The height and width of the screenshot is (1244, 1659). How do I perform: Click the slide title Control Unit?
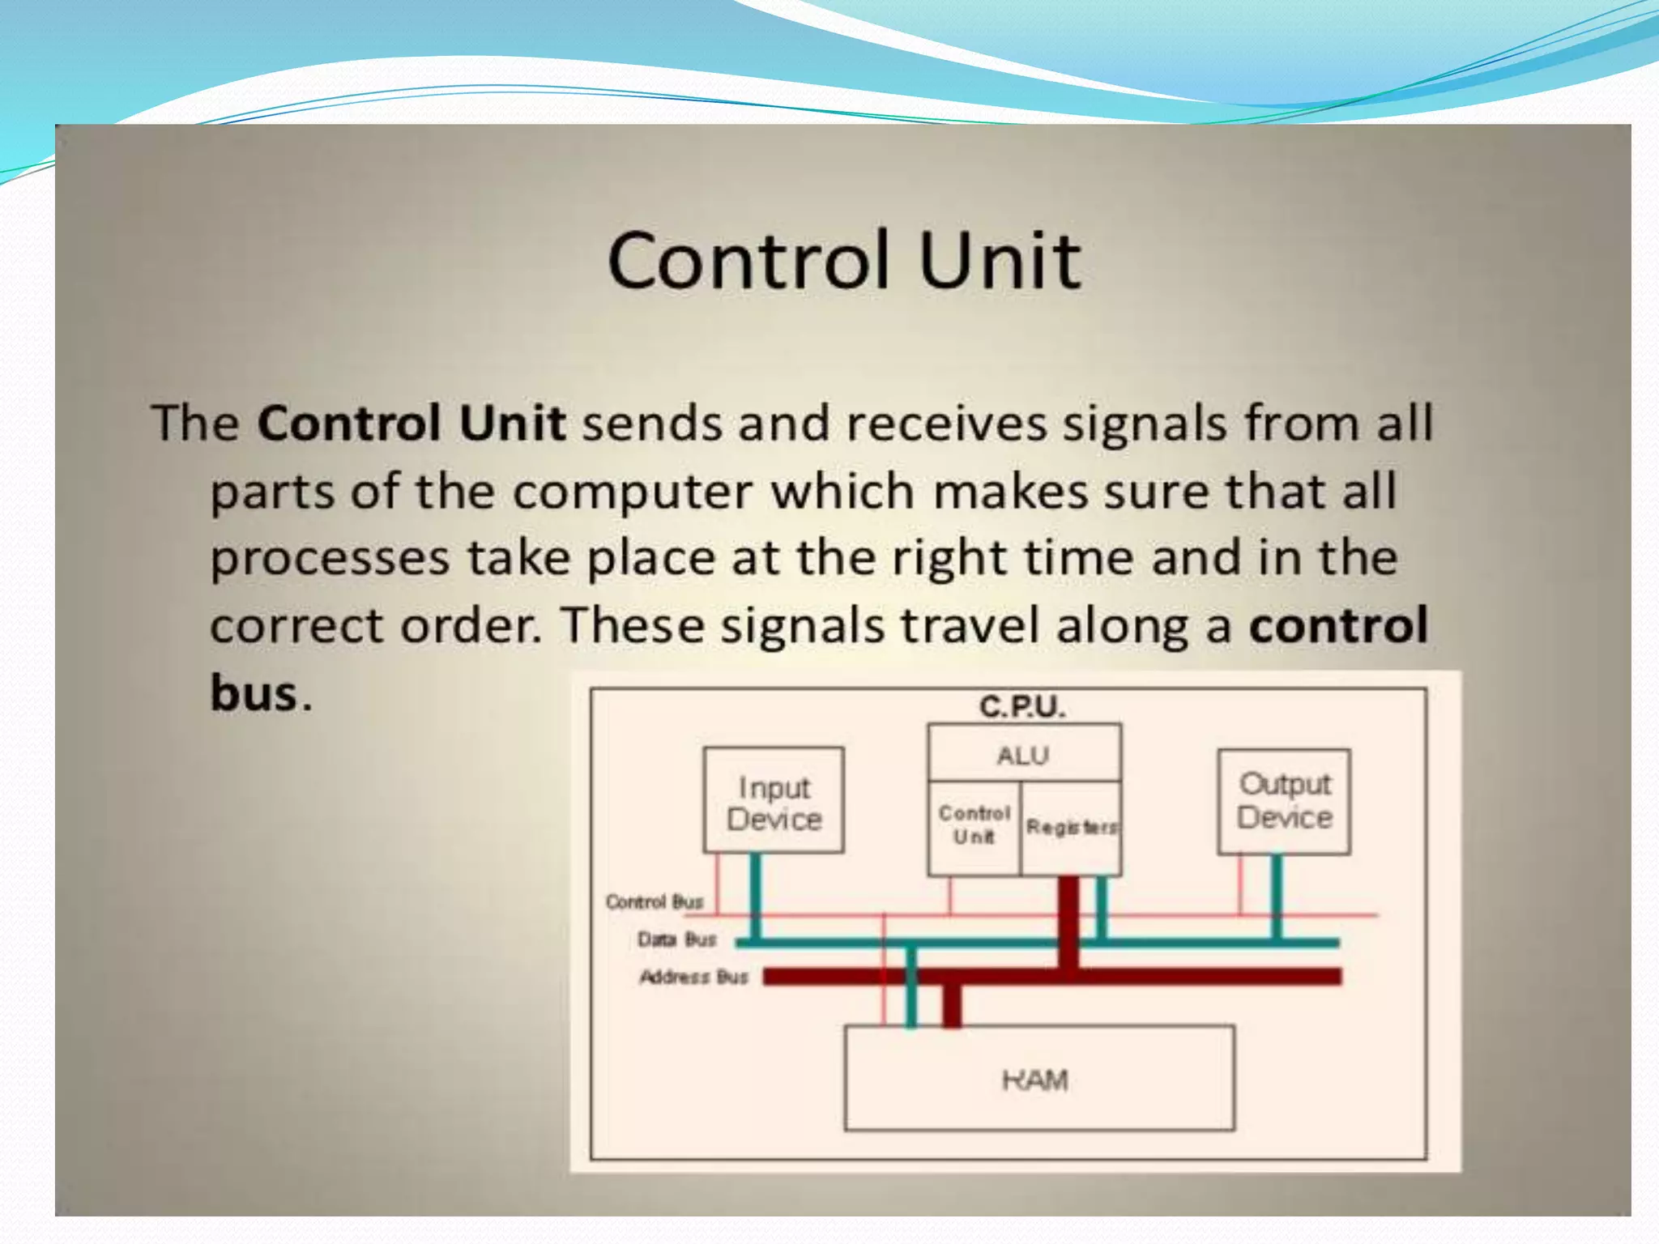(x=844, y=260)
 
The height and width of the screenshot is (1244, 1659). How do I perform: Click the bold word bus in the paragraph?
(x=254, y=693)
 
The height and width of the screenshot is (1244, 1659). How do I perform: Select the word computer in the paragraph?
(x=633, y=492)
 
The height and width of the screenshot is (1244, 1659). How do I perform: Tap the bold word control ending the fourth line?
(x=1338, y=625)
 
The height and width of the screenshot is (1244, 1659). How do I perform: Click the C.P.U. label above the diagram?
(x=1022, y=707)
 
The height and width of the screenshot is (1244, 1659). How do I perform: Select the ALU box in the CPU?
(x=1024, y=755)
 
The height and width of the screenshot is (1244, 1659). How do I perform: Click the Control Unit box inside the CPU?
(x=974, y=825)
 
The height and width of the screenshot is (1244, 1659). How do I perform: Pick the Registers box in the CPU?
(x=1071, y=828)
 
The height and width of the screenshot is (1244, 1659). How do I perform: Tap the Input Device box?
(x=774, y=802)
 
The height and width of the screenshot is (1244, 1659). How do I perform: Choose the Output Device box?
(x=1284, y=801)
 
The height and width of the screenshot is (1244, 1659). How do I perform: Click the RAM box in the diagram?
(x=1038, y=1079)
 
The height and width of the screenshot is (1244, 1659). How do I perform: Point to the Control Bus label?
(x=655, y=901)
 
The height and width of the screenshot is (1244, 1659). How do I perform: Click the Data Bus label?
(x=676, y=939)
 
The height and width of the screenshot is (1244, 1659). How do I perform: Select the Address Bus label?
(x=693, y=977)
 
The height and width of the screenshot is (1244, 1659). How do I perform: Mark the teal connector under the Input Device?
(x=755, y=896)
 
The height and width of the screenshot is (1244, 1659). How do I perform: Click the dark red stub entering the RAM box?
(x=952, y=1007)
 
